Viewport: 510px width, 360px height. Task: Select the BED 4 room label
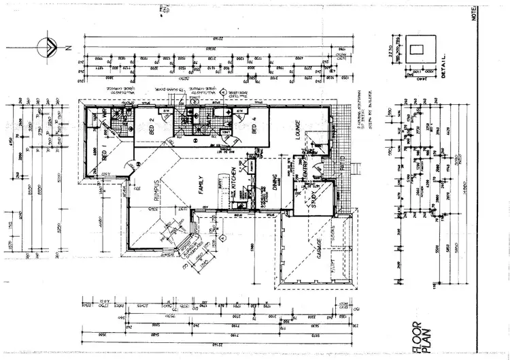pos(253,128)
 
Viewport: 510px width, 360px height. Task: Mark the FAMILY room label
pos(201,184)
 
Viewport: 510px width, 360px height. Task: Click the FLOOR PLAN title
pos(418,338)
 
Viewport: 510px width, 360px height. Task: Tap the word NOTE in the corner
pos(503,15)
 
